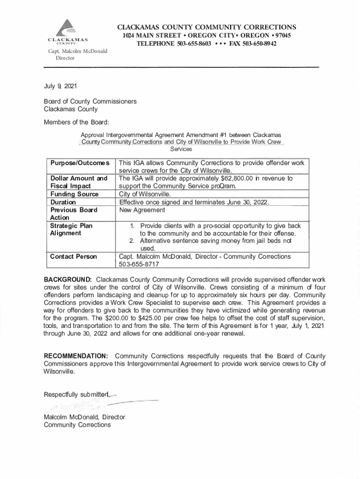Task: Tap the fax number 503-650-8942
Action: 256,44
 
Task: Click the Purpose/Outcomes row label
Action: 80,163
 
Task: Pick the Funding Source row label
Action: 74,194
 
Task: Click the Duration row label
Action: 63,202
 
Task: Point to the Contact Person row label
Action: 73,256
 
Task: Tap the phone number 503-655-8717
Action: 139,264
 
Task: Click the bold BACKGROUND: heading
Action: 67,280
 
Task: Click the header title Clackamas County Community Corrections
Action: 206,27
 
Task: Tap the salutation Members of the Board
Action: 76,122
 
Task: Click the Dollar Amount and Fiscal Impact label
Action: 79,182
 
